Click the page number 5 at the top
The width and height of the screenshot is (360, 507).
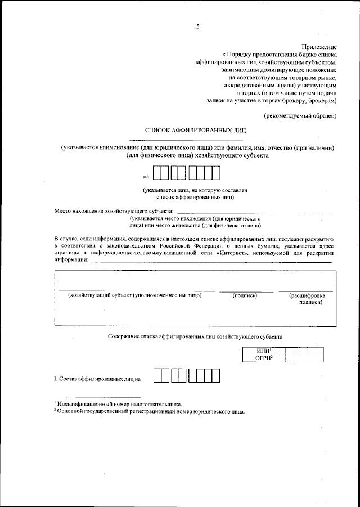[197, 26]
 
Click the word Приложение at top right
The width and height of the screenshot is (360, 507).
[319, 46]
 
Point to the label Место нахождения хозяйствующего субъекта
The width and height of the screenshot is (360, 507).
[114, 212]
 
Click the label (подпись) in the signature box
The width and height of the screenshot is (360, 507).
[245, 295]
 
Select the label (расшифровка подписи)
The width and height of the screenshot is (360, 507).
[307, 298]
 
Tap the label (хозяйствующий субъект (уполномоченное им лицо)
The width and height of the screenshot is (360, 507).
[134, 295]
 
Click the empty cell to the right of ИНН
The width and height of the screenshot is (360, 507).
[304, 351]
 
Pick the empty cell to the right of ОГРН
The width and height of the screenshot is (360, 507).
[304, 358]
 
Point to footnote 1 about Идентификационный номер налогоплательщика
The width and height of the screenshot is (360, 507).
[118, 403]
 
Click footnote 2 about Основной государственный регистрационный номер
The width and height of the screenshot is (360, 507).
[149, 411]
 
